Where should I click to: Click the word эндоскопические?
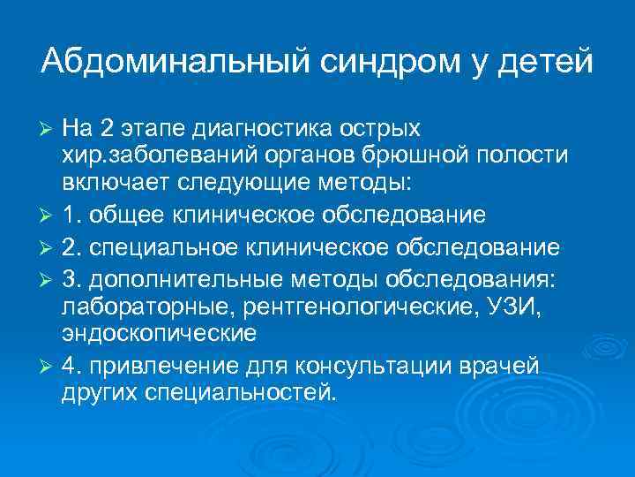click(159, 333)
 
